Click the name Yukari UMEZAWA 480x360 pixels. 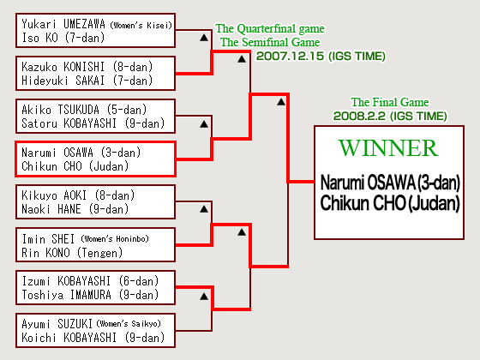63,24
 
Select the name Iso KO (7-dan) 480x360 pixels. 63,38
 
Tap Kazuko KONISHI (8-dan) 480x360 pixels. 87,67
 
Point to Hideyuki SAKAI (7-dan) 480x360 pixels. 87,81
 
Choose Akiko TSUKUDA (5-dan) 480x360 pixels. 84,110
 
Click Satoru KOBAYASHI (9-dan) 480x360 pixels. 93,123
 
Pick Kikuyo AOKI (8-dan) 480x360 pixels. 78,195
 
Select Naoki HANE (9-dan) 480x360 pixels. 75,209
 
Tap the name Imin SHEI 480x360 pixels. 48,239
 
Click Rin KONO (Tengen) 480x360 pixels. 72,253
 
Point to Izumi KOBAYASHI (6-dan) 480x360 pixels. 90,281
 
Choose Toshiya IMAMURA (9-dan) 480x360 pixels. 90,295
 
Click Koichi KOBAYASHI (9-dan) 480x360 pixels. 93,338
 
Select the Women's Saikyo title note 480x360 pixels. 129,324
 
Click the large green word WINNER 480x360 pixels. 388,148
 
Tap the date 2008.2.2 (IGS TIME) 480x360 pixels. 390,117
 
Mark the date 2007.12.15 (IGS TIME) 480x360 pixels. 321,57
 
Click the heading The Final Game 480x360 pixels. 390,102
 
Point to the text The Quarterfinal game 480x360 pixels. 270,29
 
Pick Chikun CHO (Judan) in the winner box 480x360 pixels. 390,203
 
